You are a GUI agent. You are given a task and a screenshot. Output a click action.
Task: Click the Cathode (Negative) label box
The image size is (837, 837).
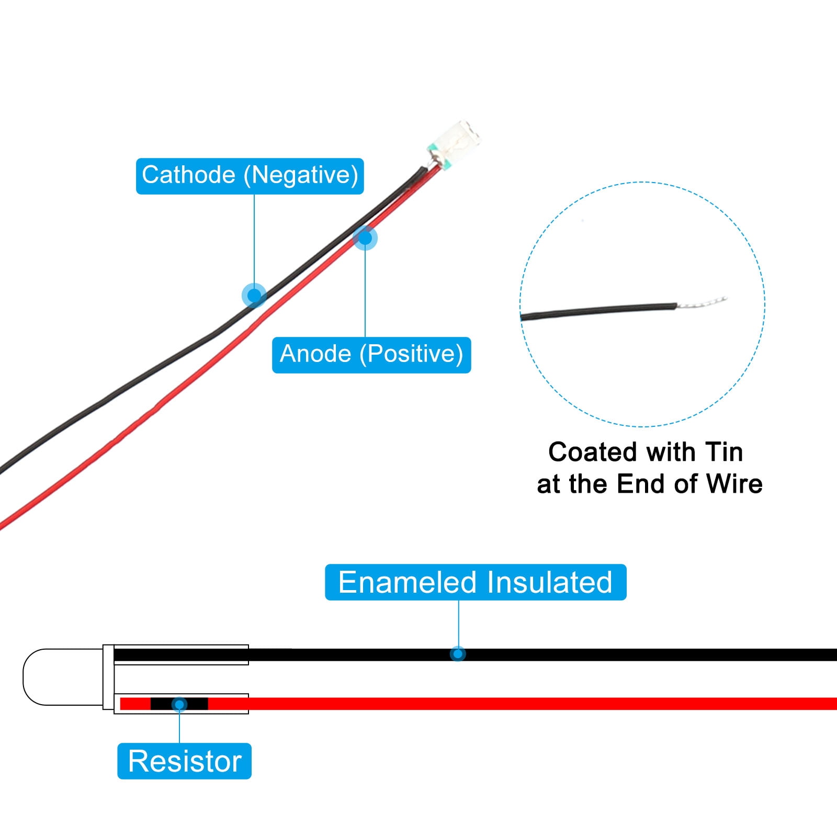[250, 176]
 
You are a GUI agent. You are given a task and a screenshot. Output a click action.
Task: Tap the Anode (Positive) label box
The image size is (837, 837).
[371, 355]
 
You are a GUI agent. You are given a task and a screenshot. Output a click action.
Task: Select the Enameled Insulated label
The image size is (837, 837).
[476, 582]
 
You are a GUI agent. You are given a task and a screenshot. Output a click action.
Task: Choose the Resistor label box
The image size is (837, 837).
[184, 761]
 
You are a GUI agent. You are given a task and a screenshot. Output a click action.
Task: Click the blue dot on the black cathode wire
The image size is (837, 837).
[254, 296]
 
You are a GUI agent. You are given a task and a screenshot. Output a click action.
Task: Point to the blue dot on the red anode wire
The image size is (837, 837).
[365, 238]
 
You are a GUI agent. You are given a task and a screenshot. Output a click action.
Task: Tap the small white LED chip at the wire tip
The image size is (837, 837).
[454, 143]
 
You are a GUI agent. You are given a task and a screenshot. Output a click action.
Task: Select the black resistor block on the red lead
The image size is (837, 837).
[179, 704]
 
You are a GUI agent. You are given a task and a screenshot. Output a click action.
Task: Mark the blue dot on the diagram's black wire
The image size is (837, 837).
[458, 654]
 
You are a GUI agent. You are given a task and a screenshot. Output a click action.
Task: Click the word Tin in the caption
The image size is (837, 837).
[723, 452]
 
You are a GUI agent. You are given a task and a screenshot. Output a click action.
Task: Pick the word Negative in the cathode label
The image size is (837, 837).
[301, 175]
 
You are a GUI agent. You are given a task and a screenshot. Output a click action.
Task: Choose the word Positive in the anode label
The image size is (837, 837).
[411, 354]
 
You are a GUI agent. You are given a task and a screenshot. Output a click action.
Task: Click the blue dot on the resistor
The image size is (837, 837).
[179, 704]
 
